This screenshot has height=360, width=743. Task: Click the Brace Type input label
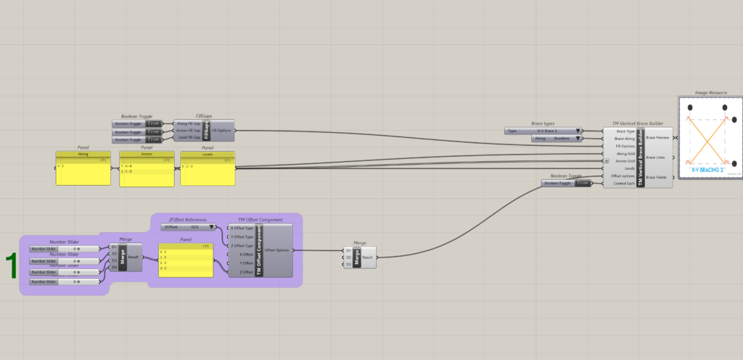[x=625, y=131]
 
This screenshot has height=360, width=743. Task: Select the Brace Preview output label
[x=657, y=137]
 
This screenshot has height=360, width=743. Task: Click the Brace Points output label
[x=657, y=177]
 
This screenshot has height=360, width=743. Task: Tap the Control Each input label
[x=623, y=184]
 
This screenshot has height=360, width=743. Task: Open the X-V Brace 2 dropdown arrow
[x=578, y=131]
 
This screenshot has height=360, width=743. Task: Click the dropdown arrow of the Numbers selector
[x=578, y=138]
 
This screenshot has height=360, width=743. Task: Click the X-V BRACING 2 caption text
[x=707, y=169]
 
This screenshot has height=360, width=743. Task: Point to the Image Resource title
[x=710, y=93]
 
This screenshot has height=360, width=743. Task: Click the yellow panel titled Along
[x=83, y=172]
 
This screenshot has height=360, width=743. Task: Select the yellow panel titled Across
[x=147, y=172]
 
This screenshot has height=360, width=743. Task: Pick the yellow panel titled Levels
[x=208, y=172]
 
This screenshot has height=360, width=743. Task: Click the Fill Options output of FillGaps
[x=221, y=131]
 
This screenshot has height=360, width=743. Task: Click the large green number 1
[x=12, y=266]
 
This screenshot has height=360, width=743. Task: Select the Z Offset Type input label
[x=242, y=245]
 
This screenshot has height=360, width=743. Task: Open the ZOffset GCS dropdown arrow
[x=213, y=227]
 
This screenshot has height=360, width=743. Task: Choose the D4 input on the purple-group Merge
[x=113, y=268]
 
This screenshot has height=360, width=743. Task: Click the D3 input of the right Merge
[x=349, y=264]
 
